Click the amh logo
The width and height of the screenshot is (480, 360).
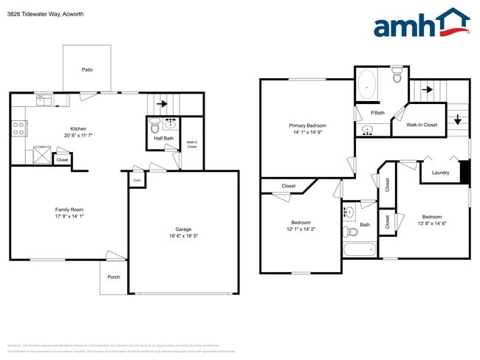421,24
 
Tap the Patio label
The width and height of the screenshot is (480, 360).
86,70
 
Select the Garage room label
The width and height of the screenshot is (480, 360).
183,229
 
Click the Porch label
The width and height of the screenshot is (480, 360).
114,277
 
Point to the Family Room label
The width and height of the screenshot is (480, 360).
69,209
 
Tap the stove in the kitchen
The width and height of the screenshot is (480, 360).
18,129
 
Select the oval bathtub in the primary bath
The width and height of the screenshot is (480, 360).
366,87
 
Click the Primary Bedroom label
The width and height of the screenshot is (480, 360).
307,126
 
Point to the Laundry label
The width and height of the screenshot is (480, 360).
440,173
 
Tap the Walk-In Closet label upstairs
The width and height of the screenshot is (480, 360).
422,125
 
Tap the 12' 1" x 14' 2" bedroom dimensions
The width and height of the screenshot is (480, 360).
301,229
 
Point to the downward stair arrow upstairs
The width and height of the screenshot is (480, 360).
459,118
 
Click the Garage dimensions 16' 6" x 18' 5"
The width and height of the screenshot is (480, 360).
183,236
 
